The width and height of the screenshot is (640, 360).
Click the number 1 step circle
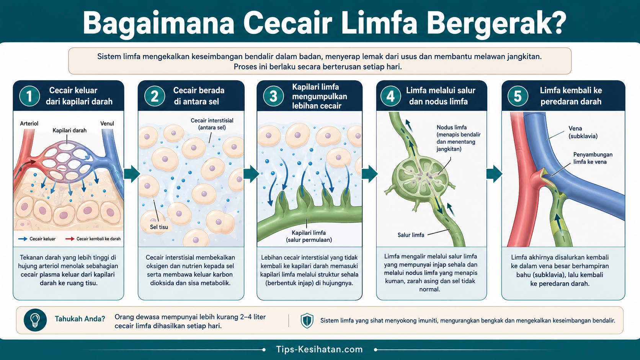29,96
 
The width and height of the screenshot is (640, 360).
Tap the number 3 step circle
273,96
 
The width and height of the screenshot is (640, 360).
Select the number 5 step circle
518,96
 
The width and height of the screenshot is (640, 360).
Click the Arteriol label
29,124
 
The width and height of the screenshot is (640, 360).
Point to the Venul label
107,124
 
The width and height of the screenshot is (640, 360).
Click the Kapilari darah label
69,130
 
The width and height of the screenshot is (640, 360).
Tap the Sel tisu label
159,227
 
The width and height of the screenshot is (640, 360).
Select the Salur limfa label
411,235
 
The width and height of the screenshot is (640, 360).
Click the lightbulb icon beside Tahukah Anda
35,320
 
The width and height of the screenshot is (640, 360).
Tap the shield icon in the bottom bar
307,320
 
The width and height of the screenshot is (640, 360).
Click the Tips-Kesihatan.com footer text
320,349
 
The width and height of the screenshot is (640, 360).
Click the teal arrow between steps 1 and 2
132,174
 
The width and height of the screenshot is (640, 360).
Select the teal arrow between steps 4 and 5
494,174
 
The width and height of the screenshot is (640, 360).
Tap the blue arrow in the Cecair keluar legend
23,239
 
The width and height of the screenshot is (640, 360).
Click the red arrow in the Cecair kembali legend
70,239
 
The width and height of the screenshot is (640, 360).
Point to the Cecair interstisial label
212,124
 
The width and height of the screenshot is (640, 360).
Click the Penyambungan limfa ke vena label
593,158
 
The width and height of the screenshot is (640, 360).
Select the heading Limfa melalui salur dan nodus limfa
441,96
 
